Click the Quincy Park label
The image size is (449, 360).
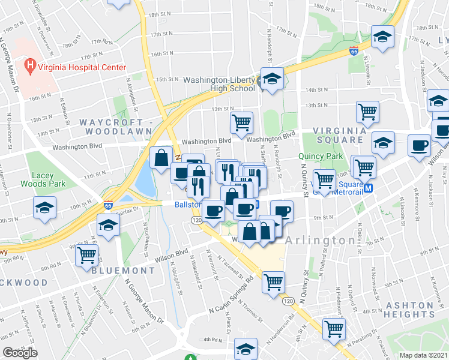[x=319, y=156]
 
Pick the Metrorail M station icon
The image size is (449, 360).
[x=369, y=188]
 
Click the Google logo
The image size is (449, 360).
[x=20, y=353]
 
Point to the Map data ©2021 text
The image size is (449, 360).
[x=424, y=355]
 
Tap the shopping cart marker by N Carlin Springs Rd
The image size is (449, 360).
[x=273, y=280]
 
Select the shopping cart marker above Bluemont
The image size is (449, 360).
[x=86, y=254]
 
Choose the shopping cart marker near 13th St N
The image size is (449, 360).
[x=241, y=122]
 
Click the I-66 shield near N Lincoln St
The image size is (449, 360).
[x=354, y=52]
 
